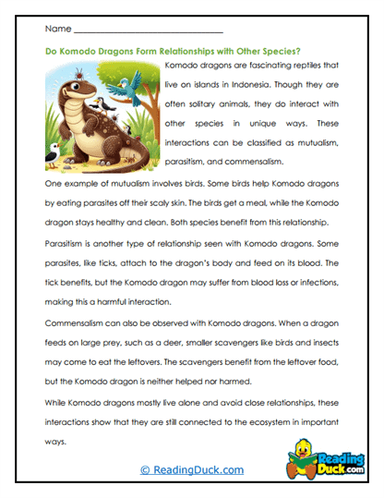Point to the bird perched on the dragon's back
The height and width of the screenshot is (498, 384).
click(x=105, y=107)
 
